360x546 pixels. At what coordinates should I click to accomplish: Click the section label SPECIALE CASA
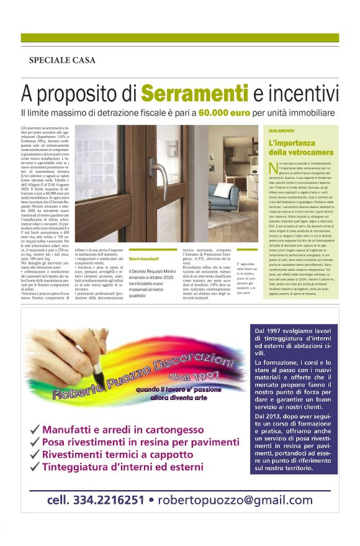click(x=62, y=60)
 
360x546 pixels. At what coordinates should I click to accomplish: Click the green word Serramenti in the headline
click(x=190, y=93)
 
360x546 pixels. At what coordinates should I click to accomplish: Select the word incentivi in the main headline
click(x=304, y=93)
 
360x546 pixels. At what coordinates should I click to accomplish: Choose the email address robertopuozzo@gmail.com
click(x=235, y=500)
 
